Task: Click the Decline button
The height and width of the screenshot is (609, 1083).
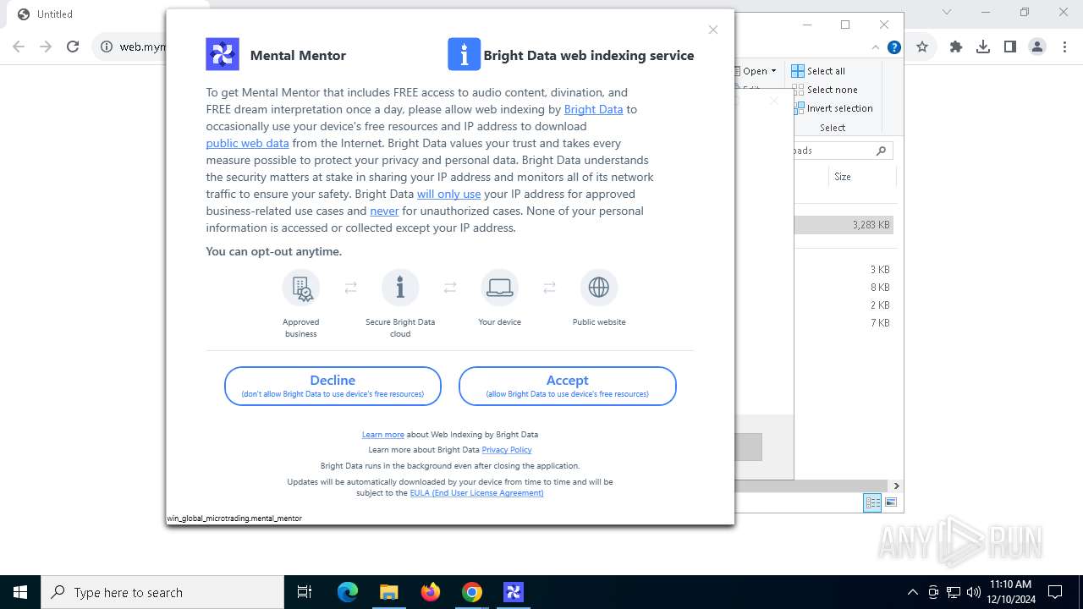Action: coord(333,386)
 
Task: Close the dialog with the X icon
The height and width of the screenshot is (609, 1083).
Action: coord(713,30)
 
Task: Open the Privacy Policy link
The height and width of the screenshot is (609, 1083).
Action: coord(506,450)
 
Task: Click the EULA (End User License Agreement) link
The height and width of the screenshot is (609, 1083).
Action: coord(476,493)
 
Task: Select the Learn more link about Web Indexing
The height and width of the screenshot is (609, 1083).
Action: coord(382,435)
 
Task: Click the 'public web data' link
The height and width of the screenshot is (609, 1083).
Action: coord(247,143)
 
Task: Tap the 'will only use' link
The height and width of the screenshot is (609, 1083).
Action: coord(448,194)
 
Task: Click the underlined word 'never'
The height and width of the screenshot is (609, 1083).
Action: coord(384,211)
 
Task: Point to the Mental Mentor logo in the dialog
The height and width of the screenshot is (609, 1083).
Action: coord(223,54)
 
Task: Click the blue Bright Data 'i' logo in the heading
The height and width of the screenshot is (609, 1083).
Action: coord(464,54)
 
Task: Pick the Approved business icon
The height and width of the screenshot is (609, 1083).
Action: coord(301,288)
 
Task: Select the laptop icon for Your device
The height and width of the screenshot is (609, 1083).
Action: coord(499,288)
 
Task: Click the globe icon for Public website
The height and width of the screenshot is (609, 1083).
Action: coord(599,288)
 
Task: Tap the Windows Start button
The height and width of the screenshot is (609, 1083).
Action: coord(20,592)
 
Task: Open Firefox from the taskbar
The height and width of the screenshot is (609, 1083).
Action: coord(431,592)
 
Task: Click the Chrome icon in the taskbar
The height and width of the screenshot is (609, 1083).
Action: coord(472,592)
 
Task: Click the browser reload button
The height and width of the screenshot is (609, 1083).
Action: coord(73,47)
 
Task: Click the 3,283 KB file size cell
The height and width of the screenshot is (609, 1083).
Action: coord(871,225)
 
